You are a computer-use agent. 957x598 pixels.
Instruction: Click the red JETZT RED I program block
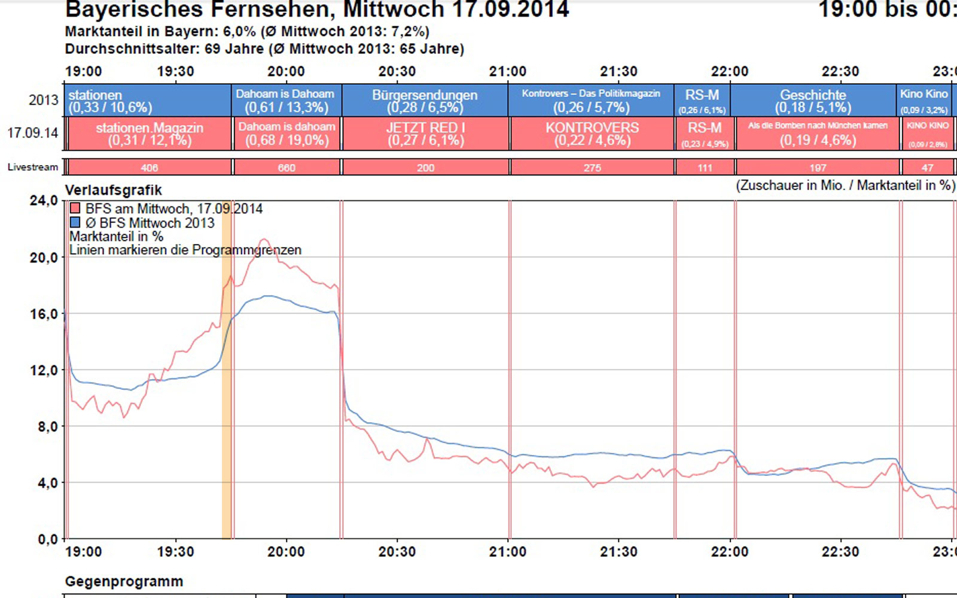[425, 133]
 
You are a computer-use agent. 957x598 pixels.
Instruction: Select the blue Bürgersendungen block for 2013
[425, 100]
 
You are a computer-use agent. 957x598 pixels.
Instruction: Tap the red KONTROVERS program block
[592, 133]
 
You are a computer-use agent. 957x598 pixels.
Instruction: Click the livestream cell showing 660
[287, 167]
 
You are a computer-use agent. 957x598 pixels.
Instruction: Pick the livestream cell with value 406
[150, 167]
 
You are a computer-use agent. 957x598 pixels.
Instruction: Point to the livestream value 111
[705, 167]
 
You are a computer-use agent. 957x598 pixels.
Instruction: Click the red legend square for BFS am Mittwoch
[75, 209]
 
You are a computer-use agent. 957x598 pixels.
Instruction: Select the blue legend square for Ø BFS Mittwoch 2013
[75, 222]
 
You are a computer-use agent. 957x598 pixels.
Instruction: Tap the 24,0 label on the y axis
[44, 200]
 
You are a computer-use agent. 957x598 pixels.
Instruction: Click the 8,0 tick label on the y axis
[47, 426]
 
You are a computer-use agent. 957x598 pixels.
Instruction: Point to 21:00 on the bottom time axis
[507, 552]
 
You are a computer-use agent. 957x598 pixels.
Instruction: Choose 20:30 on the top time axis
[397, 72]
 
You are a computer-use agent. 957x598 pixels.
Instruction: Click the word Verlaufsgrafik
[114, 190]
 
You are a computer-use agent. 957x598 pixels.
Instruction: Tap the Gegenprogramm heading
[124, 581]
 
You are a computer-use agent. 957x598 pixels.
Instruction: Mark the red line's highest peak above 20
[264, 240]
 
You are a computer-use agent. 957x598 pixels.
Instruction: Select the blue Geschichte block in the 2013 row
[813, 100]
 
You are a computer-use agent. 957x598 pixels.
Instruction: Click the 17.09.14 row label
[32, 133]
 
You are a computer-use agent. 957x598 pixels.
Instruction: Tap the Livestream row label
[33, 167]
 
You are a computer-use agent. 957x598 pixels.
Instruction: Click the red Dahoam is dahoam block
[287, 133]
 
